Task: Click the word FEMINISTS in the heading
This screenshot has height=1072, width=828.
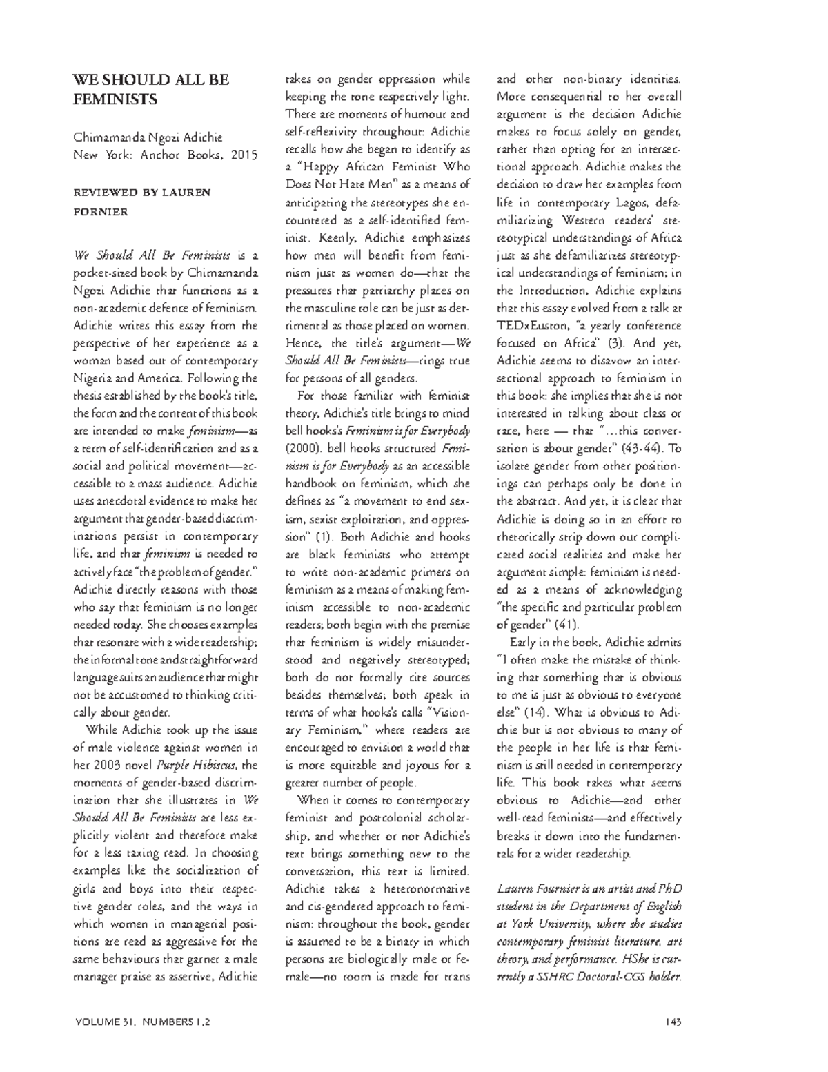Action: pos(115,99)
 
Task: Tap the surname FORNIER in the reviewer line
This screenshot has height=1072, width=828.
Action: pos(101,212)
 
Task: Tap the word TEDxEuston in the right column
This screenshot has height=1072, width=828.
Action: pos(530,325)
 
